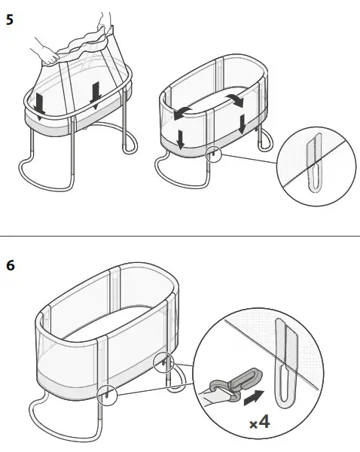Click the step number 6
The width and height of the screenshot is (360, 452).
coord(9,266)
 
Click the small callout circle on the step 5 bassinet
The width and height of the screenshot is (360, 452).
coord(214,154)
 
